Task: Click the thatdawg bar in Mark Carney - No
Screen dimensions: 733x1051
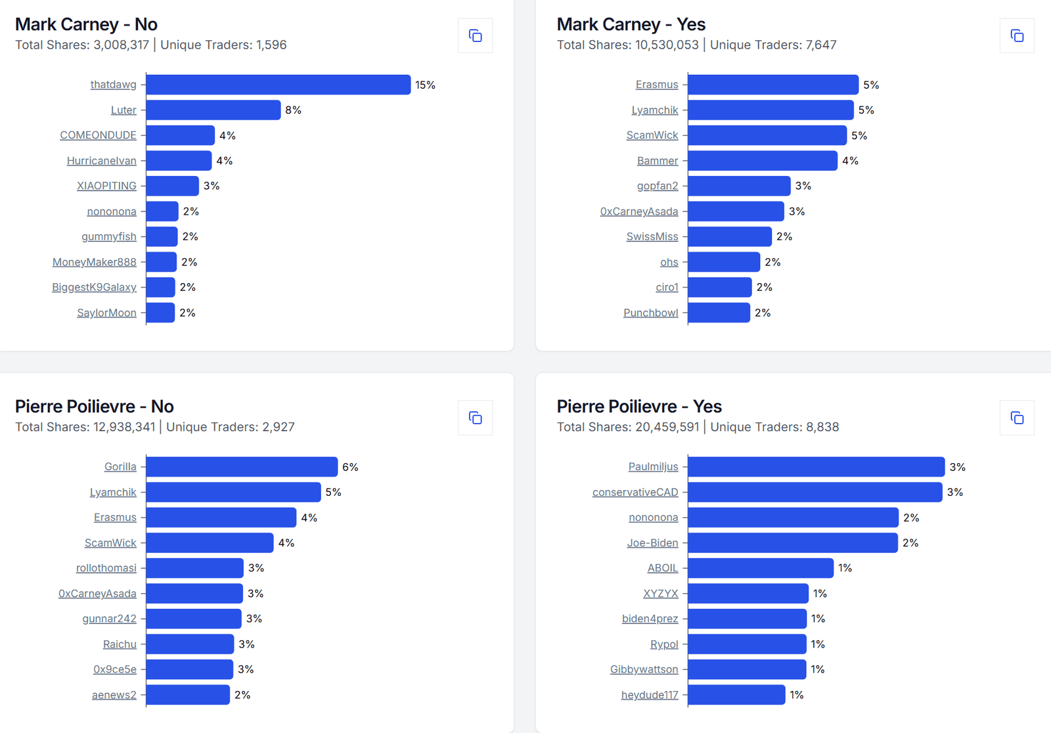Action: tap(278, 85)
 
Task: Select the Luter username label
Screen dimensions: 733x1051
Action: tap(123, 110)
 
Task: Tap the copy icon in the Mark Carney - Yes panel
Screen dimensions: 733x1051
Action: tap(1017, 35)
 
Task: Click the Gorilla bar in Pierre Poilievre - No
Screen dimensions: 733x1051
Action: tap(242, 467)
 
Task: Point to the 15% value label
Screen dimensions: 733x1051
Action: tap(425, 85)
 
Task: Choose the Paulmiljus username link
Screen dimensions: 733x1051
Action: tap(653, 467)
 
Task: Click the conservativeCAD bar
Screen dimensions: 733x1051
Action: tap(815, 492)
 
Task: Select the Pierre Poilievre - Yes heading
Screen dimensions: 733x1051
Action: tap(639, 407)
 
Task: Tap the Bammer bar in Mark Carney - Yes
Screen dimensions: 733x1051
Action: tap(762, 161)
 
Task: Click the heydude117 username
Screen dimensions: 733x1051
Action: tap(650, 695)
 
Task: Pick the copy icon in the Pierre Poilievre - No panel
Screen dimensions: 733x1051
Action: tap(475, 418)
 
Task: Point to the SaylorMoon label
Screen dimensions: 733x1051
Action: tap(106, 313)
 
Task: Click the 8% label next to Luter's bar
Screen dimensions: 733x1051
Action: tap(293, 110)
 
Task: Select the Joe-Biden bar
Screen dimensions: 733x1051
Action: tap(792, 543)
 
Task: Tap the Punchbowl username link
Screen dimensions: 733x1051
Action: tap(650, 313)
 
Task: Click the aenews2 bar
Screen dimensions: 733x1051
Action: tap(188, 695)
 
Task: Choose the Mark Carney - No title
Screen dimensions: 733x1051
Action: tap(86, 24)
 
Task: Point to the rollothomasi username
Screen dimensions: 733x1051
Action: tap(106, 568)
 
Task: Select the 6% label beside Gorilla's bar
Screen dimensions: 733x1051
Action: tap(350, 467)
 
